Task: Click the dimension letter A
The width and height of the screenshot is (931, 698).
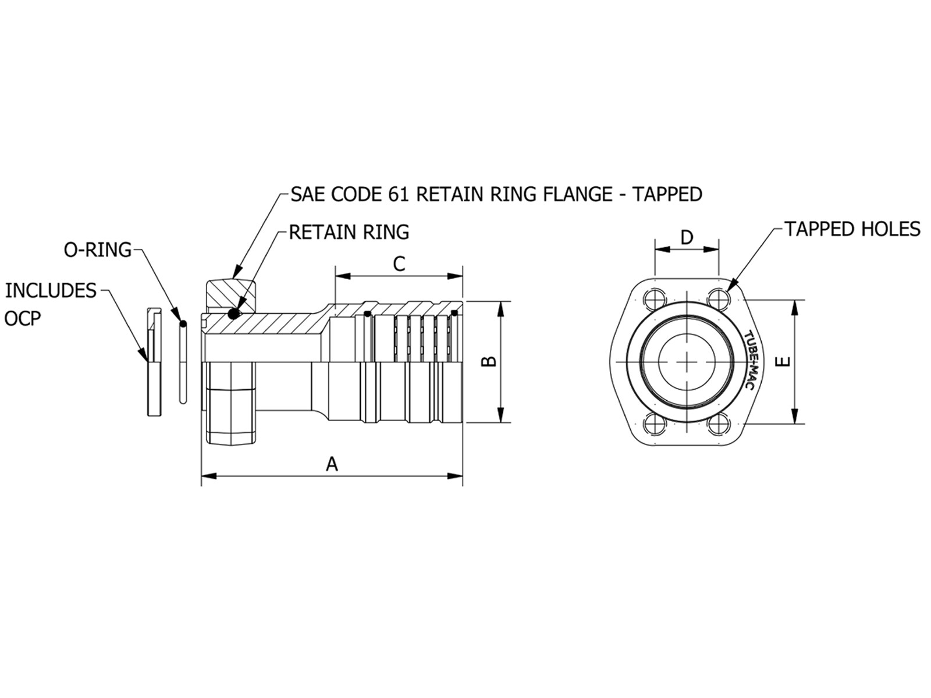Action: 332,464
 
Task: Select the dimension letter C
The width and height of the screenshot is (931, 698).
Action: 399,264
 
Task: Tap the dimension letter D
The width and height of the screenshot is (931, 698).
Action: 687,237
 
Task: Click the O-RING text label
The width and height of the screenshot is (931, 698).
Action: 97,250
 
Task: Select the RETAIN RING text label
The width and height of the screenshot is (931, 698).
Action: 349,232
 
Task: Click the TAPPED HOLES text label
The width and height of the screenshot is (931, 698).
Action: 852,229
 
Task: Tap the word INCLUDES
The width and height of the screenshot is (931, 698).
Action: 51,291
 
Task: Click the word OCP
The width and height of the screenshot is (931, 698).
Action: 23,319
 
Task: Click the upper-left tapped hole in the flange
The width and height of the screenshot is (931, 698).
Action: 655,299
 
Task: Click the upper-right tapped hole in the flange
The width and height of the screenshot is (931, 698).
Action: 719,299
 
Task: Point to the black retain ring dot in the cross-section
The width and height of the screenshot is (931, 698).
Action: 234,314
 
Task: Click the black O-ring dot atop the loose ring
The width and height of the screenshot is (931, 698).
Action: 183,323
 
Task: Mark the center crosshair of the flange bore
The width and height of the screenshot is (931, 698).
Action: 687,362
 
